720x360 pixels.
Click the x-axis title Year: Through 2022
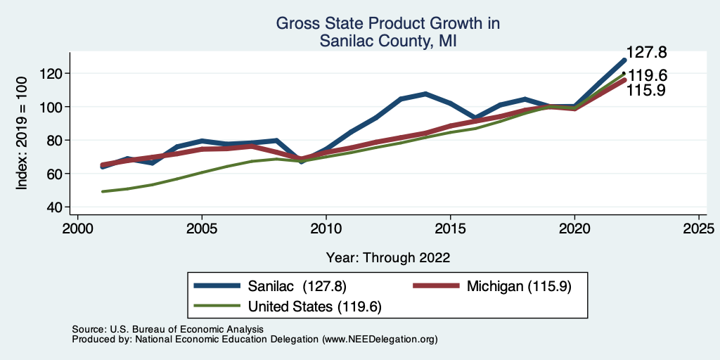click(x=388, y=257)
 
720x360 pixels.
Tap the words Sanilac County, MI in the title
click(x=388, y=41)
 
